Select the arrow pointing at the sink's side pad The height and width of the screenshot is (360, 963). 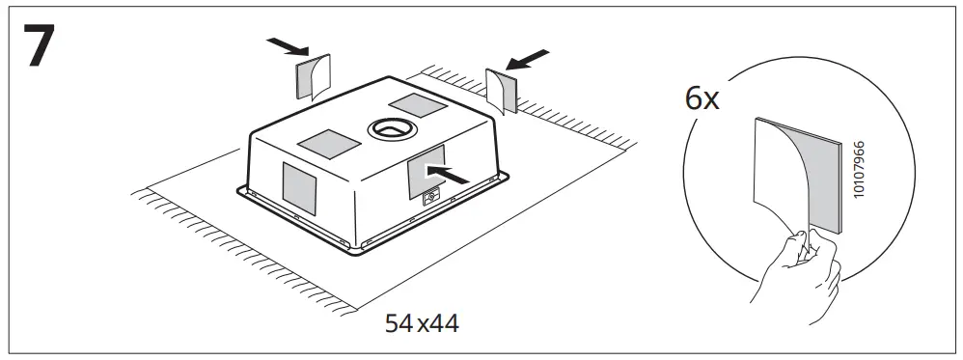(452, 172)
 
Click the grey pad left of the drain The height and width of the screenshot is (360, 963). (329, 144)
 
